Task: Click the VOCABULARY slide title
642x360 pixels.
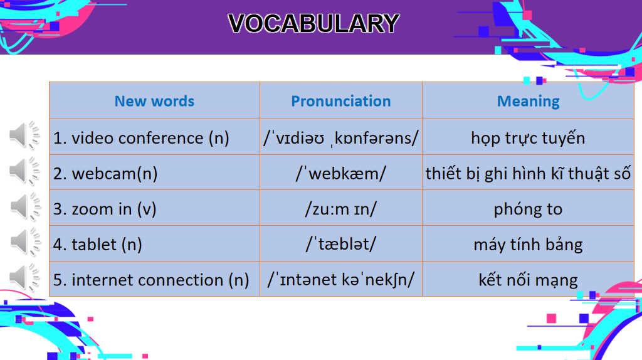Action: coord(313,24)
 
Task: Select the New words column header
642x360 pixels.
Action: coord(154,101)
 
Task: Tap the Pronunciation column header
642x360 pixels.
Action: coord(340,101)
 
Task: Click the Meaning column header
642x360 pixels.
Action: coord(528,101)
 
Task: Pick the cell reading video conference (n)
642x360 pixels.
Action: coord(141,138)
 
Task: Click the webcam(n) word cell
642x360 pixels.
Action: coord(105,174)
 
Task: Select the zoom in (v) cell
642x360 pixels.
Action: coord(105,209)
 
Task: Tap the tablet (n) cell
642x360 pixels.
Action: coord(98,245)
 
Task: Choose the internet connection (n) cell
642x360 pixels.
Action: coord(151,280)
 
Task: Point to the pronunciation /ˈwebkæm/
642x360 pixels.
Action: coord(340,174)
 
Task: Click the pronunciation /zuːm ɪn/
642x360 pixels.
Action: coord(340,209)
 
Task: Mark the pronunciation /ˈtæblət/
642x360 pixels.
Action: coord(340,245)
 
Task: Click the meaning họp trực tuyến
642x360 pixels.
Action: coord(528,138)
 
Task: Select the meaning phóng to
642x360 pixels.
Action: coord(528,209)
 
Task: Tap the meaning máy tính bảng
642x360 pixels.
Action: coord(528,245)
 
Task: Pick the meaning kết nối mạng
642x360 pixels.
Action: coord(528,280)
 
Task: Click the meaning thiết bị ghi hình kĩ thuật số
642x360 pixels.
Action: coord(528,174)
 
